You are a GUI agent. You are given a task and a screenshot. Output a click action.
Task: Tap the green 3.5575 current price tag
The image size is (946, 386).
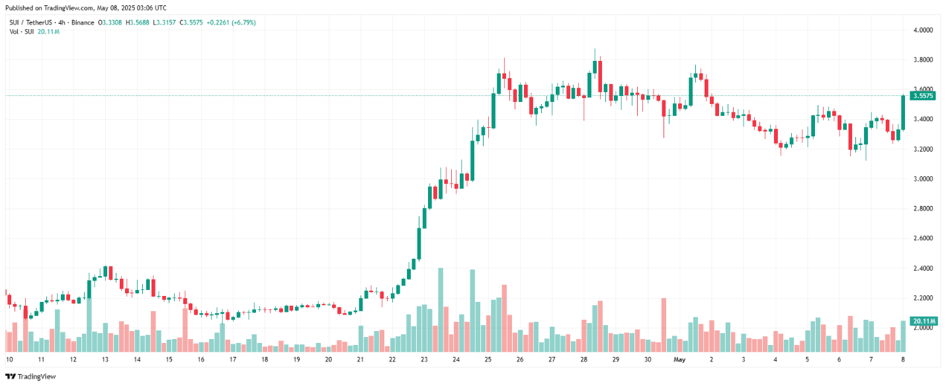point(922,96)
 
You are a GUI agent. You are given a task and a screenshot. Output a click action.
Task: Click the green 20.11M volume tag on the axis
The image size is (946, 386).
point(924,321)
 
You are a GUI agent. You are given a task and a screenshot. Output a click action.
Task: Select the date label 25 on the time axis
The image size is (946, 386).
point(488,360)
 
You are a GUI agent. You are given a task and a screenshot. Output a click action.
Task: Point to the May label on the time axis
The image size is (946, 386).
point(679,360)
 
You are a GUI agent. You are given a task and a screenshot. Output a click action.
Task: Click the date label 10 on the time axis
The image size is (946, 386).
point(9,360)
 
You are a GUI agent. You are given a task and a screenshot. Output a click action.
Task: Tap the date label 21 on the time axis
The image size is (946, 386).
point(361,360)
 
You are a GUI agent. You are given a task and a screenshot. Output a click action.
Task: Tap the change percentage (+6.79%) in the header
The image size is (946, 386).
point(241,23)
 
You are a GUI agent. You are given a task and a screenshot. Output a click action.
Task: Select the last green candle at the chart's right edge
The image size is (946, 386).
point(903,113)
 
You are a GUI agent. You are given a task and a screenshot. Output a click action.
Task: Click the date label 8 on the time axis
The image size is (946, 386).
point(903,360)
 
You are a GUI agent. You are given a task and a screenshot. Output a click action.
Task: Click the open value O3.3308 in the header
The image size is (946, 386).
point(110,23)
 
